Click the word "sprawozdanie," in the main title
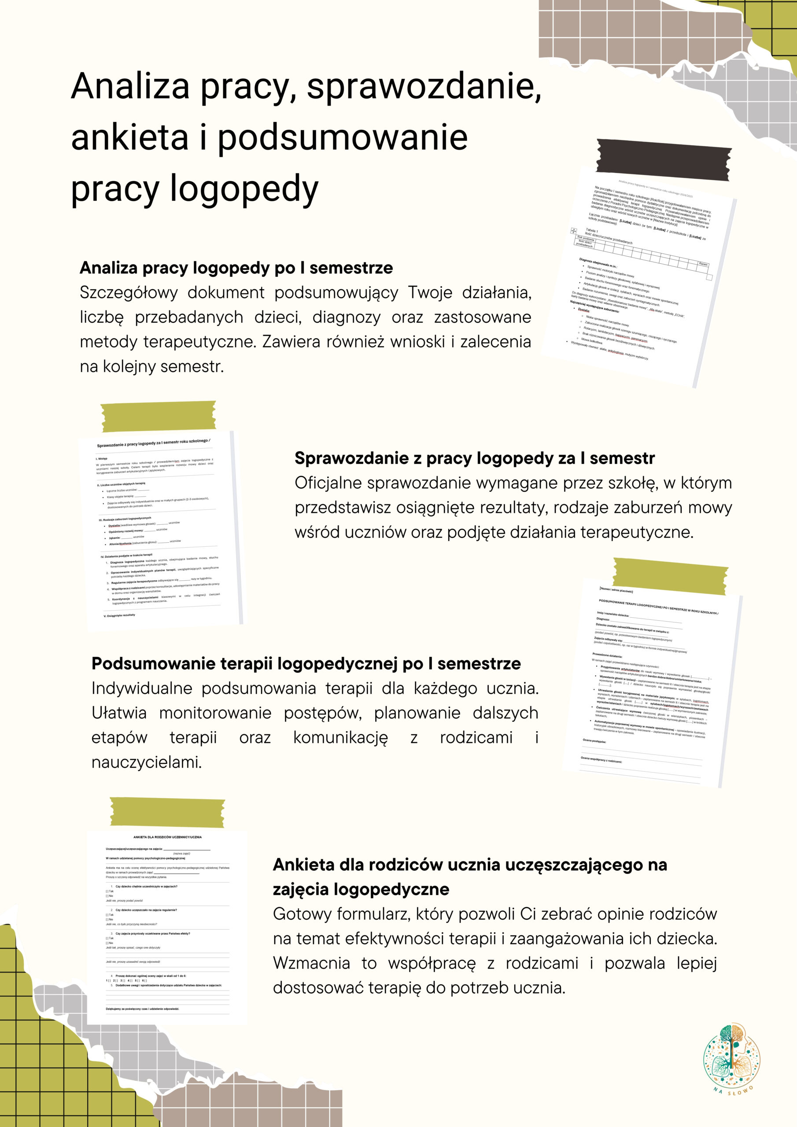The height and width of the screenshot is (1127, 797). coord(423,86)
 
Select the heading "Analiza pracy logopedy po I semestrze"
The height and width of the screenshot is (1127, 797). coord(236,268)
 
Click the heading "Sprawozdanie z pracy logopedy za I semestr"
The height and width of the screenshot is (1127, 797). coord(474,458)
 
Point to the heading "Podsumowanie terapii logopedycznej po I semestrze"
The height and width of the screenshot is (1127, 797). coord(306,663)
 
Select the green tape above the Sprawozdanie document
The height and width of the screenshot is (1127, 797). coord(159,416)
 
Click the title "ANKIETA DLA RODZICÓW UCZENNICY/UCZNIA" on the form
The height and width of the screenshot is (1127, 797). coord(167,837)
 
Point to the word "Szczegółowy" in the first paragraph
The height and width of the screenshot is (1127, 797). coord(128,293)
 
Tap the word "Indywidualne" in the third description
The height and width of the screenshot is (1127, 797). coord(141,689)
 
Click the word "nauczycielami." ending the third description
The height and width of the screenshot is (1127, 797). coord(146,762)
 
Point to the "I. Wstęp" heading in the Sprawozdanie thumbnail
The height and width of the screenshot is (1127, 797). coord(102,458)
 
